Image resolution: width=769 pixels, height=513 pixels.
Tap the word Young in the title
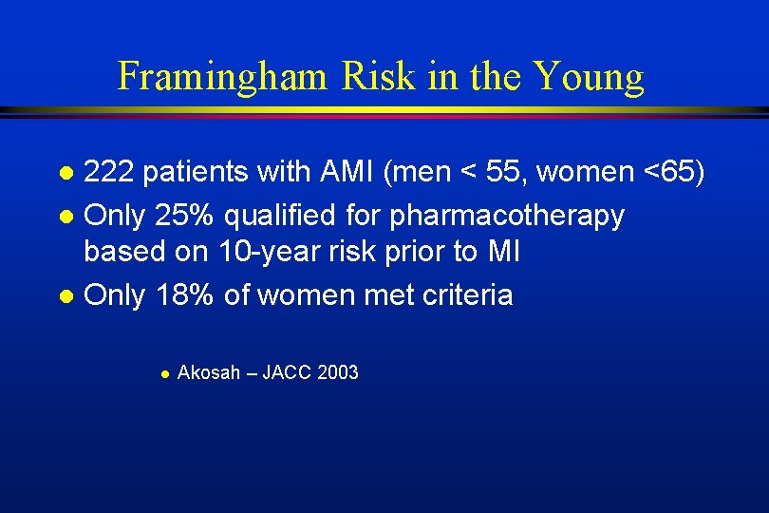[591, 76]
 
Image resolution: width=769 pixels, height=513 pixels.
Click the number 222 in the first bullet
[109, 173]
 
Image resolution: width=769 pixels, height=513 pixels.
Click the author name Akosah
[209, 373]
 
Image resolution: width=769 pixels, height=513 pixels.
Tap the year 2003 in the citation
[338, 373]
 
